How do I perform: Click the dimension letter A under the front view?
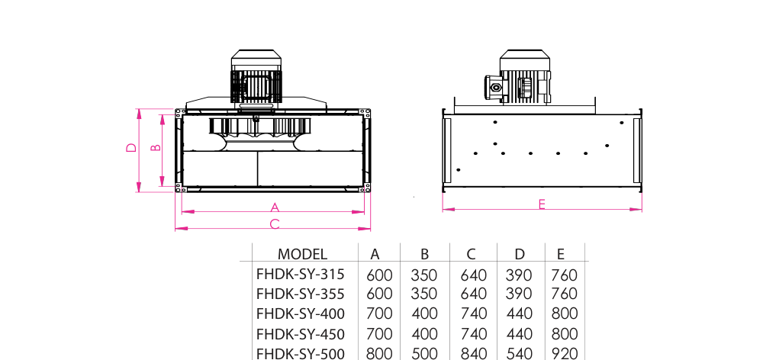pyautogui.click(x=275, y=207)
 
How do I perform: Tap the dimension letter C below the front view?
pyautogui.click(x=275, y=224)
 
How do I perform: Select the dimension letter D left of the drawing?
pyautogui.click(x=131, y=147)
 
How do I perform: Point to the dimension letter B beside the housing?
pyautogui.click(x=155, y=147)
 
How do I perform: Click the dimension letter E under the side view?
pyautogui.click(x=542, y=204)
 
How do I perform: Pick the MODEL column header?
pyautogui.click(x=302, y=254)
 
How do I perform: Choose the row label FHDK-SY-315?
pyautogui.click(x=300, y=275)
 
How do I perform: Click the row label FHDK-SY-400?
pyautogui.click(x=300, y=313)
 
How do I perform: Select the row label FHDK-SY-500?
pyautogui.click(x=300, y=353)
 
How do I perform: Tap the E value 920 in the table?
pyautogui.click(x=565, y=354)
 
